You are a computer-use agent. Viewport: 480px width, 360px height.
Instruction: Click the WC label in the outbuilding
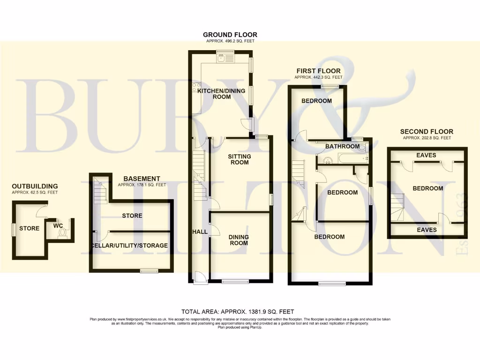(58, 225)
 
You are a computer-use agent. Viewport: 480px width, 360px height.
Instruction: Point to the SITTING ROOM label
(239, 159)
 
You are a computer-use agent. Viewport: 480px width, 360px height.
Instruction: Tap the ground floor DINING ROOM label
(239, 240)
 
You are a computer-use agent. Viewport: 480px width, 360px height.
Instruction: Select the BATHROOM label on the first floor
(342, 146)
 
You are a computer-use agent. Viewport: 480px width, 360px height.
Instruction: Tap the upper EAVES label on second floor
(426, 155)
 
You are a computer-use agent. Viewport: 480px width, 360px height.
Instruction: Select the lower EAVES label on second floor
(426, 230)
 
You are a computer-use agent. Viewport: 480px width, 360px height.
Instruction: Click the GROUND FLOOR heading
(230, 35)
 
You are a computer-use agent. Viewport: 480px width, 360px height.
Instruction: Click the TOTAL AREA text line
(238, 311)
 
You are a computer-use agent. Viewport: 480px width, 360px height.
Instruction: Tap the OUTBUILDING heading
(35, 186)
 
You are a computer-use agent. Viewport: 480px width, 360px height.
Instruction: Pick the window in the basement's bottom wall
(150, 270)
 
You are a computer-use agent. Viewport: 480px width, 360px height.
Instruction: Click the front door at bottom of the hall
(199, 278)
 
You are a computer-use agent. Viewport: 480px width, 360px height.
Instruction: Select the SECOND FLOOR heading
(426, 132)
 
